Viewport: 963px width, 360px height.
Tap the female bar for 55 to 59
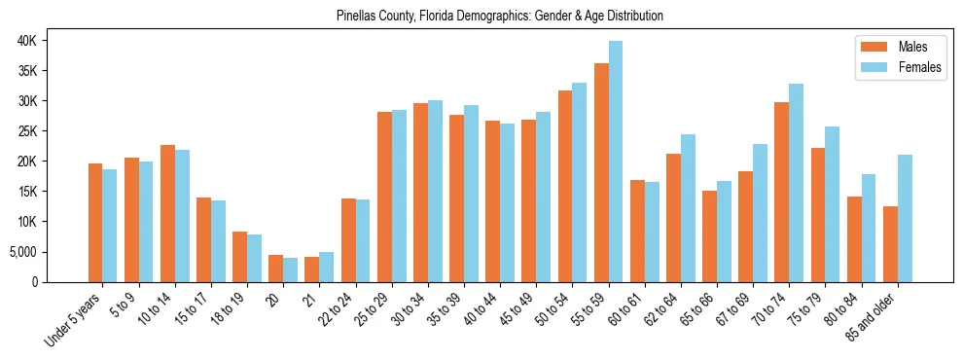(616, 162)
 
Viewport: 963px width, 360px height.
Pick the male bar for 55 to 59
(601, 172)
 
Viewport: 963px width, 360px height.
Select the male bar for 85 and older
(890, 243)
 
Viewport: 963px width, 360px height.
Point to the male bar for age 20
(275, 269)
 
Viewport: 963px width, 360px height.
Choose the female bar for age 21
(326, 267)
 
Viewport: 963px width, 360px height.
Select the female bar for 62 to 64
(688, 208)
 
